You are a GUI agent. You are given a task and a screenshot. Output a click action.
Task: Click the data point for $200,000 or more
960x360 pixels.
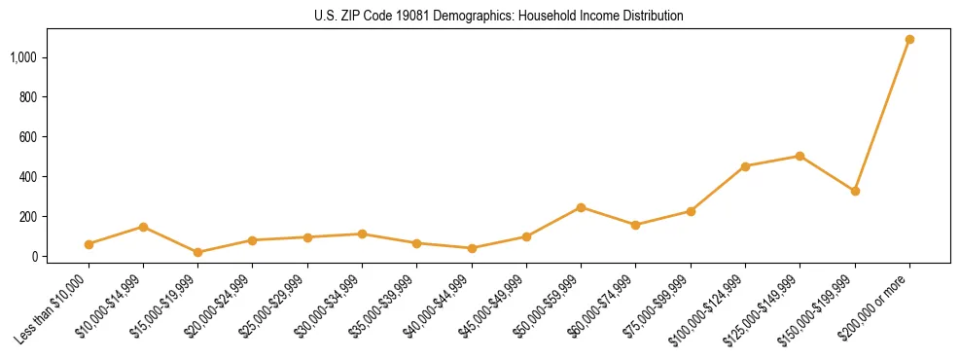(x=909, y=40)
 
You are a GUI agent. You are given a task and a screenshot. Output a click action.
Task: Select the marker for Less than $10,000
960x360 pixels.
(x=89, y=244)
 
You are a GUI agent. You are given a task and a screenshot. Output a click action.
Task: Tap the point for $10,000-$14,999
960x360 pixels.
(x=143, y=227)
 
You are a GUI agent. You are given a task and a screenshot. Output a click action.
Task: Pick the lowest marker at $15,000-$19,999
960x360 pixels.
(x=197, y=252)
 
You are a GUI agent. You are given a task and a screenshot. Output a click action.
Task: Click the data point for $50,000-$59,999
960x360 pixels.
(x=581, y=207)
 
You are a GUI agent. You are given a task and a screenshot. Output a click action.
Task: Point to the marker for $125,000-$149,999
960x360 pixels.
(x=800, y=156)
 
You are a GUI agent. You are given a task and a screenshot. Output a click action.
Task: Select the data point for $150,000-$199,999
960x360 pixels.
(x=855, y=191)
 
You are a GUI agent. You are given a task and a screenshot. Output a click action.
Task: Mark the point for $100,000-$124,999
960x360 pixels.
(x=745, y=166)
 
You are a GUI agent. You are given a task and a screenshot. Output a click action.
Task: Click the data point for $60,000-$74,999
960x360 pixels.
(x=635, y=225)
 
